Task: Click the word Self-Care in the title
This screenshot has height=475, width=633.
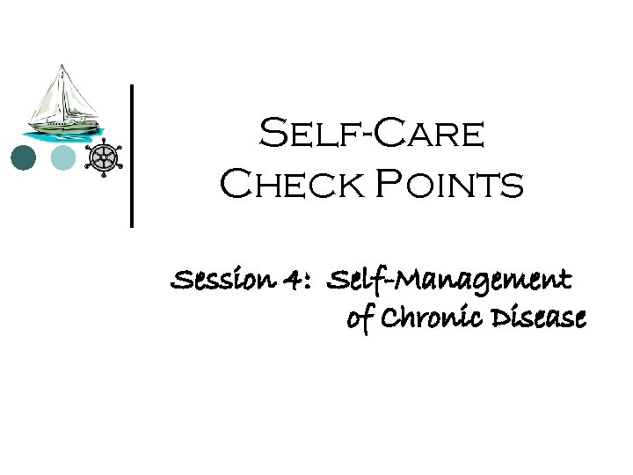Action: [x=371, y=135]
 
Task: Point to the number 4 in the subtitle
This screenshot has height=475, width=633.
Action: [x=294, y=281]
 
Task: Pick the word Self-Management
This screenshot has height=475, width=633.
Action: [x=448, y=281]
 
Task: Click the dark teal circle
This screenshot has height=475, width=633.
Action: [x=24, y=158]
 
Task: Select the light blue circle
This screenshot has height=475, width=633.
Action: [x=64, y=158]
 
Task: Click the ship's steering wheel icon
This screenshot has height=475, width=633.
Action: [x=103, y=157]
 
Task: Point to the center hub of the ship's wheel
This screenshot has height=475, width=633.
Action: [x=103, y=158]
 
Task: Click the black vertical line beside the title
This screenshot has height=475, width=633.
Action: [x=132, y=156]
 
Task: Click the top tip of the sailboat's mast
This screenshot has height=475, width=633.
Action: [x=61, y=65]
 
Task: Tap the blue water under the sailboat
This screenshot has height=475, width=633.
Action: [x=62, y=136]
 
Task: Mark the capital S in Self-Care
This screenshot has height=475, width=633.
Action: [x=272, y=135]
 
